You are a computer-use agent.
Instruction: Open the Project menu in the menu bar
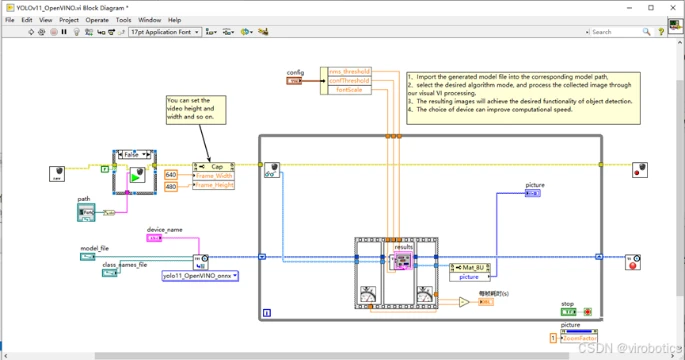(x=69, y=19)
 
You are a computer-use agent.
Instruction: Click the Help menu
(x=174, y=19)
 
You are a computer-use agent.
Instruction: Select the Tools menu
(x=123, y=19)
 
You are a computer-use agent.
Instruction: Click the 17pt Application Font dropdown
(x=165, y=32)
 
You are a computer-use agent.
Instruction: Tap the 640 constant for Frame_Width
(x=170, y=174)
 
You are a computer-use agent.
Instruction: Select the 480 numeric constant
(x=170, y=186)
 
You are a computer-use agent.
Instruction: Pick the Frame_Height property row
(x=215, y=186)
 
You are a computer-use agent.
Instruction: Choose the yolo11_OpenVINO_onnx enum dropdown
(x=199, y=275)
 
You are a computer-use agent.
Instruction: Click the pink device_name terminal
(x=153, y=238)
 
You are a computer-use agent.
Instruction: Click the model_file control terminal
(x=88, y=257)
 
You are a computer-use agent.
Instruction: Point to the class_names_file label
(x=125, y=264)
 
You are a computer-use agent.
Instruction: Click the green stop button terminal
(x=568, y=311)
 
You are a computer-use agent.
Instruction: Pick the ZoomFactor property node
(x=577, y=339)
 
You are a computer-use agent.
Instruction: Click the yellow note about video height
(x=197, y=109)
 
